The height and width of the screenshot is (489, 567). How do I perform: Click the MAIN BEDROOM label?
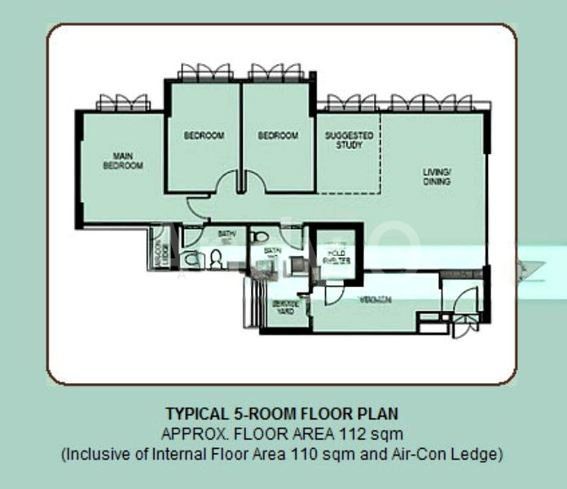(x=122, y=160)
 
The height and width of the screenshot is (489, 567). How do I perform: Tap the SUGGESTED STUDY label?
(x=349, y=140)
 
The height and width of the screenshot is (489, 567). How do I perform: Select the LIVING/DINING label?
(x=437, y=177)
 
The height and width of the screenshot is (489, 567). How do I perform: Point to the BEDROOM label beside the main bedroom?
(x=203, y=135)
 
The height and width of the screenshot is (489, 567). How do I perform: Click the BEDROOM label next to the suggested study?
(x=278, y=135)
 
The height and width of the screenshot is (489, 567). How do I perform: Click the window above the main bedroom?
(x=123, y=102)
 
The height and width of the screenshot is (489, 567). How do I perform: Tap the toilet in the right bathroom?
(x=258, y=236)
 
